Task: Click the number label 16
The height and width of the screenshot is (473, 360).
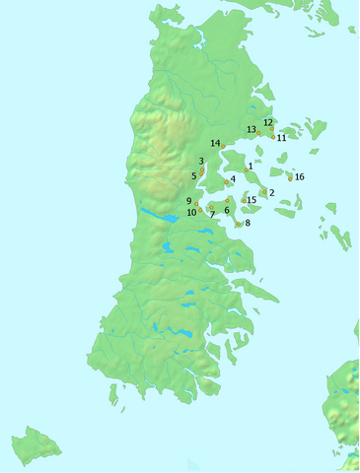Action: coord(300,176)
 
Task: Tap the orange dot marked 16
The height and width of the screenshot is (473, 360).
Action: coord(290,179)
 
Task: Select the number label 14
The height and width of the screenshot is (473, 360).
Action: coord(214,143)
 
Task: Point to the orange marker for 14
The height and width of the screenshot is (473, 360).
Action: coord(224,146)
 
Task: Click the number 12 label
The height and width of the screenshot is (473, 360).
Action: coord(267,122)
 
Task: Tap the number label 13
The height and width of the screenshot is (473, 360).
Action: coord(252,129)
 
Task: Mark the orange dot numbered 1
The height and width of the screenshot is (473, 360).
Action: coord(246,170)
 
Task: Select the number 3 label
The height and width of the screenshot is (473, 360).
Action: coord(201,161)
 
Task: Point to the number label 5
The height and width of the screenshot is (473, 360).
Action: coord(194,175)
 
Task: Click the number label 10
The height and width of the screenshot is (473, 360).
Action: coord(190,212)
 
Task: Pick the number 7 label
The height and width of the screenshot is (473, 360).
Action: coord(212,214)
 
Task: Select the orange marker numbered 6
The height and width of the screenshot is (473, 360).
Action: coord(227,200)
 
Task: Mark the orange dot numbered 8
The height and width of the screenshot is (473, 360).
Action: coord(239,225)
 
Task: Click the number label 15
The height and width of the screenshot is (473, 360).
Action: coord(252,200)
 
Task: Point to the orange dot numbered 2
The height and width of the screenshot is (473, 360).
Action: coord(262,192)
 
